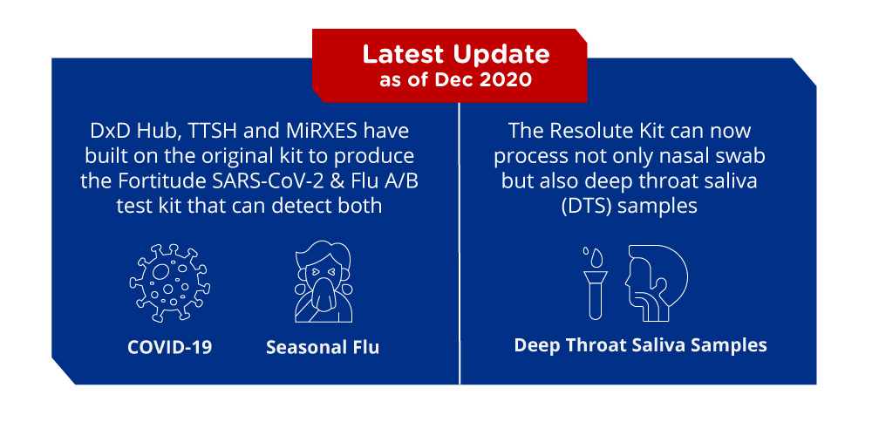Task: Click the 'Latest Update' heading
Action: tap(456, 54)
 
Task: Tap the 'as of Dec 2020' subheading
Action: tap(455, 80)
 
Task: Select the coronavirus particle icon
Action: tap(170, 282)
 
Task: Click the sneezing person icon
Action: tap(324, 282)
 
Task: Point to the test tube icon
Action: tap(595, 291)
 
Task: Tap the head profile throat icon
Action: tap(657, 282)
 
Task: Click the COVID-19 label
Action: tap(170, 348)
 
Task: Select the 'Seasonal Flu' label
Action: tap(323, 348)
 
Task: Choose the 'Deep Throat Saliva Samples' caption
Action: tap(640, 345)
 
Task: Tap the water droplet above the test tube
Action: tap(596, 257)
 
